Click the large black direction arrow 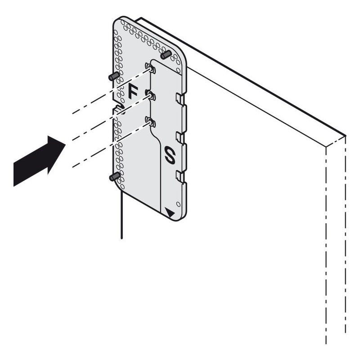point(39,161)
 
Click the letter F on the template point(133,91)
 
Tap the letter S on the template point(170,155)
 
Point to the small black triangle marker point(170,212)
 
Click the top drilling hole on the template point(150,68)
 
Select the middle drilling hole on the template point(150,95)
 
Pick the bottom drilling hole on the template point(150,122)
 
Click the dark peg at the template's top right point(166,55)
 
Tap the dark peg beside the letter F point(114,76)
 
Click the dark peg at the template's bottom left point(115,176)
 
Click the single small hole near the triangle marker point(178,204)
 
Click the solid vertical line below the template point(121,215)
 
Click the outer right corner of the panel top point(346,136)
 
